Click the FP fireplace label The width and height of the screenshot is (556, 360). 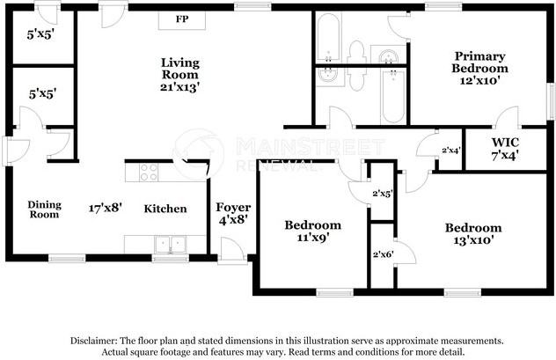[x=182, y=19]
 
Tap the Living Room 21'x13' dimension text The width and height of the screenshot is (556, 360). [x=179, y=87]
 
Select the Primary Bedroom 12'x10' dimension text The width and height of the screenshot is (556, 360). [x=479, y=80]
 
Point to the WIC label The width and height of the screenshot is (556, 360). [x=505, y=143]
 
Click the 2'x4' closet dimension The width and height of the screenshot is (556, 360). [x=451, y=150]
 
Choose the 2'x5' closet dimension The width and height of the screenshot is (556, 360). [x=382, y=194]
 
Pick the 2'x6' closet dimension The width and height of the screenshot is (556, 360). [x=383, y=254]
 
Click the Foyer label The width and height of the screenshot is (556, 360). [x=233, y=208]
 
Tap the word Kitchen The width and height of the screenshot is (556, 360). [x=165, y=209]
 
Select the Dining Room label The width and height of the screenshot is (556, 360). [x=44, y=209]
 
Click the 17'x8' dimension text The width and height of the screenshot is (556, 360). [x=106, y=208]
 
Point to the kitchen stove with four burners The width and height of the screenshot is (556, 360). [x=149, y=173]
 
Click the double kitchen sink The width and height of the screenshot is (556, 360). [x=171, y=245]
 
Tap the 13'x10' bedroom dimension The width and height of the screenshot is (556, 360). [x=473, y=240]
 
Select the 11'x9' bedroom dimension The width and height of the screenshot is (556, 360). [x=313, y=238]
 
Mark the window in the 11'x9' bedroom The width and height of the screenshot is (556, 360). [x=334, y=292]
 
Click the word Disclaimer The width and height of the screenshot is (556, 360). [x=93, y=341]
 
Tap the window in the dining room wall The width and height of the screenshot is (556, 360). [x=67, y=258]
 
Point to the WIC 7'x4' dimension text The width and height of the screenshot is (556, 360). [x=505, y=155]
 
